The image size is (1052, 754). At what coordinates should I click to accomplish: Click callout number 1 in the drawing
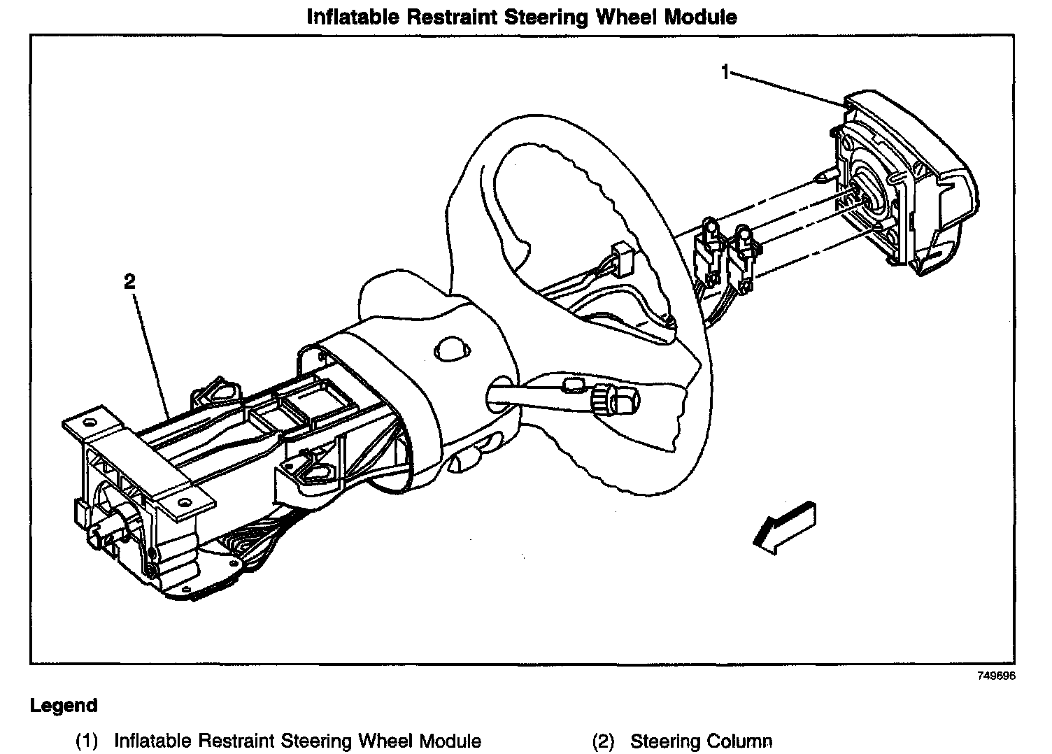[x=726, y=71]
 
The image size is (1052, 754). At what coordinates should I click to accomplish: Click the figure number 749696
[x=996, y=676]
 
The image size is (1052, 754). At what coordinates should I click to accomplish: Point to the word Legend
[x=64, y=705]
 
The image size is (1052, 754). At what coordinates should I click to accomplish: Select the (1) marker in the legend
[x=87, y=741]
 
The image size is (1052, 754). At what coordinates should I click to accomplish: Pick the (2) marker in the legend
[x=604, y=741]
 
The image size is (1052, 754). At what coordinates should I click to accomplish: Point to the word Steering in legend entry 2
[x=665, y=741]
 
